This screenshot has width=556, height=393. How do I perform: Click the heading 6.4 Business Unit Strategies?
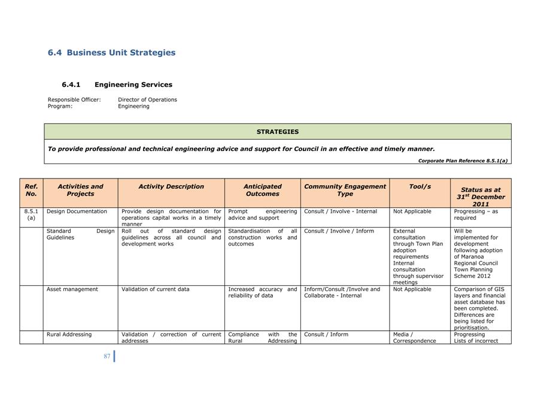111,53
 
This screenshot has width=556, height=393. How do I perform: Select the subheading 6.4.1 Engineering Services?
117,85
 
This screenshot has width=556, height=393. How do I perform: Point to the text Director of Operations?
147,99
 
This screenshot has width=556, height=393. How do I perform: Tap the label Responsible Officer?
74,99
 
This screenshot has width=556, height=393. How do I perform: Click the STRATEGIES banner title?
277,132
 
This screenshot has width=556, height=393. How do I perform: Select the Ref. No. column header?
31,190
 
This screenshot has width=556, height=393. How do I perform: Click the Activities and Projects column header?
80,190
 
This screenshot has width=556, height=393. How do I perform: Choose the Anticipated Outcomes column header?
262,190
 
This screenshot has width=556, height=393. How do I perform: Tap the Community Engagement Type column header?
345,190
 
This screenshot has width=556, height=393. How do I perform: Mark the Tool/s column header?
420,186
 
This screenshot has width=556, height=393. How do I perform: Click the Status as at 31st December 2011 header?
481,196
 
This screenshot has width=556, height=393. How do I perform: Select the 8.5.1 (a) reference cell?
31,214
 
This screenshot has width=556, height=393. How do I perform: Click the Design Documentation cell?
77,211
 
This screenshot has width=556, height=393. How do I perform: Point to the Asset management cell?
72,289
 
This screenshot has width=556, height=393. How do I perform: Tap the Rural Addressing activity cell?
69,334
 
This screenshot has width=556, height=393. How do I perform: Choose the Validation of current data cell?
155,289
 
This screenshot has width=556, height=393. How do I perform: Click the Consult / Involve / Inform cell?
339,231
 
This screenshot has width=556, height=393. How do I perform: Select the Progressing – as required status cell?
476,214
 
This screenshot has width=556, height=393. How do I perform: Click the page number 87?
107,356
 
